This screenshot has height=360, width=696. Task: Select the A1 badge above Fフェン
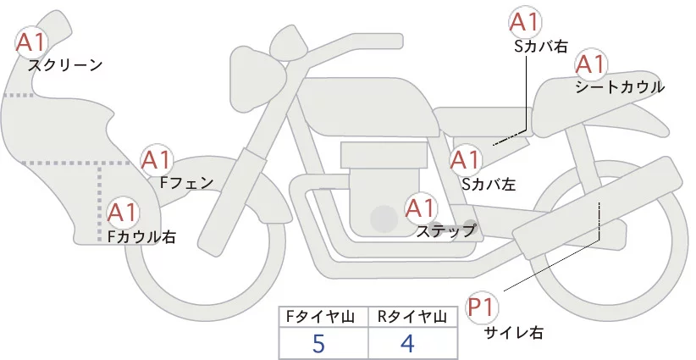pyautogui.click(x=157, y=160)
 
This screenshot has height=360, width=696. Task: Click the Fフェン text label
pyautogui.click(x=186, y=182)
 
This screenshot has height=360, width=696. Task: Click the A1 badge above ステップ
pyautogui.click(x=422, y=208)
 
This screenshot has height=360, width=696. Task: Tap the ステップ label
pyautogui.click(x=445, y=230)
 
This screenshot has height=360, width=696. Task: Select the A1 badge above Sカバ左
pyautogui.click(x=466, y=160)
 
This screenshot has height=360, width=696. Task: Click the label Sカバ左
pyautogui.click(x=489, y=182)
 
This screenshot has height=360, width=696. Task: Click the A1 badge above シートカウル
pyautogui.click(x=590, y=64)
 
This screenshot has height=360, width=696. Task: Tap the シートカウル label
pyautogui.click(x=619, y=87)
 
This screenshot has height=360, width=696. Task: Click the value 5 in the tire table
pyautogui.click(x=318, y=342)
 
